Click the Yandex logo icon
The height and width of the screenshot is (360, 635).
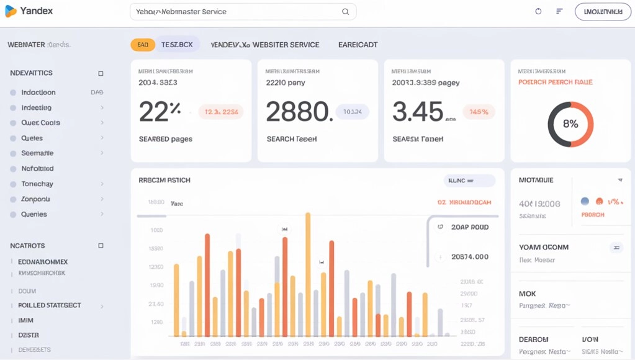(11, 11)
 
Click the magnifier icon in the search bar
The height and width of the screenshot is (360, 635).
(346, 12)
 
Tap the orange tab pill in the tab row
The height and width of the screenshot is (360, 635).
(143, 45)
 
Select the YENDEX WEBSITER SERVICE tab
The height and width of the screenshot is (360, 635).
(265, 45)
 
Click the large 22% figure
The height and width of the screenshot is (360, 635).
(160, 112)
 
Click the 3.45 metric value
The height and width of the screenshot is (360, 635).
(418, 112)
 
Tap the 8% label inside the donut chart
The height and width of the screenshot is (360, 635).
(570, 124)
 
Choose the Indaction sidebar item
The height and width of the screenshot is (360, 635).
(38, 92)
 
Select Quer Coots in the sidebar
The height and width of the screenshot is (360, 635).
(40, 123)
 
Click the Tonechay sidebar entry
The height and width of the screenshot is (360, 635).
(37, 184)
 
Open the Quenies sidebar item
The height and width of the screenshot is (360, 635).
(34, 214)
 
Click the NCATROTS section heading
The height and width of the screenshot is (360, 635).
(27, 246)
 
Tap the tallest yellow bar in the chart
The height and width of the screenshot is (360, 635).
(308, 273)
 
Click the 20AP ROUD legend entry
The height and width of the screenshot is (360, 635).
(470, 227)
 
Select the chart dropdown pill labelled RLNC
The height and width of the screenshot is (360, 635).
(469, 181)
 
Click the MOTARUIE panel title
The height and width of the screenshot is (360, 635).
(536, 180)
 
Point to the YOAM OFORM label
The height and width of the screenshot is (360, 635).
(543, 247)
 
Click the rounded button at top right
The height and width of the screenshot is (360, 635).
(603, 11)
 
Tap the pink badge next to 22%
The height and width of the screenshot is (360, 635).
(221, 112)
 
